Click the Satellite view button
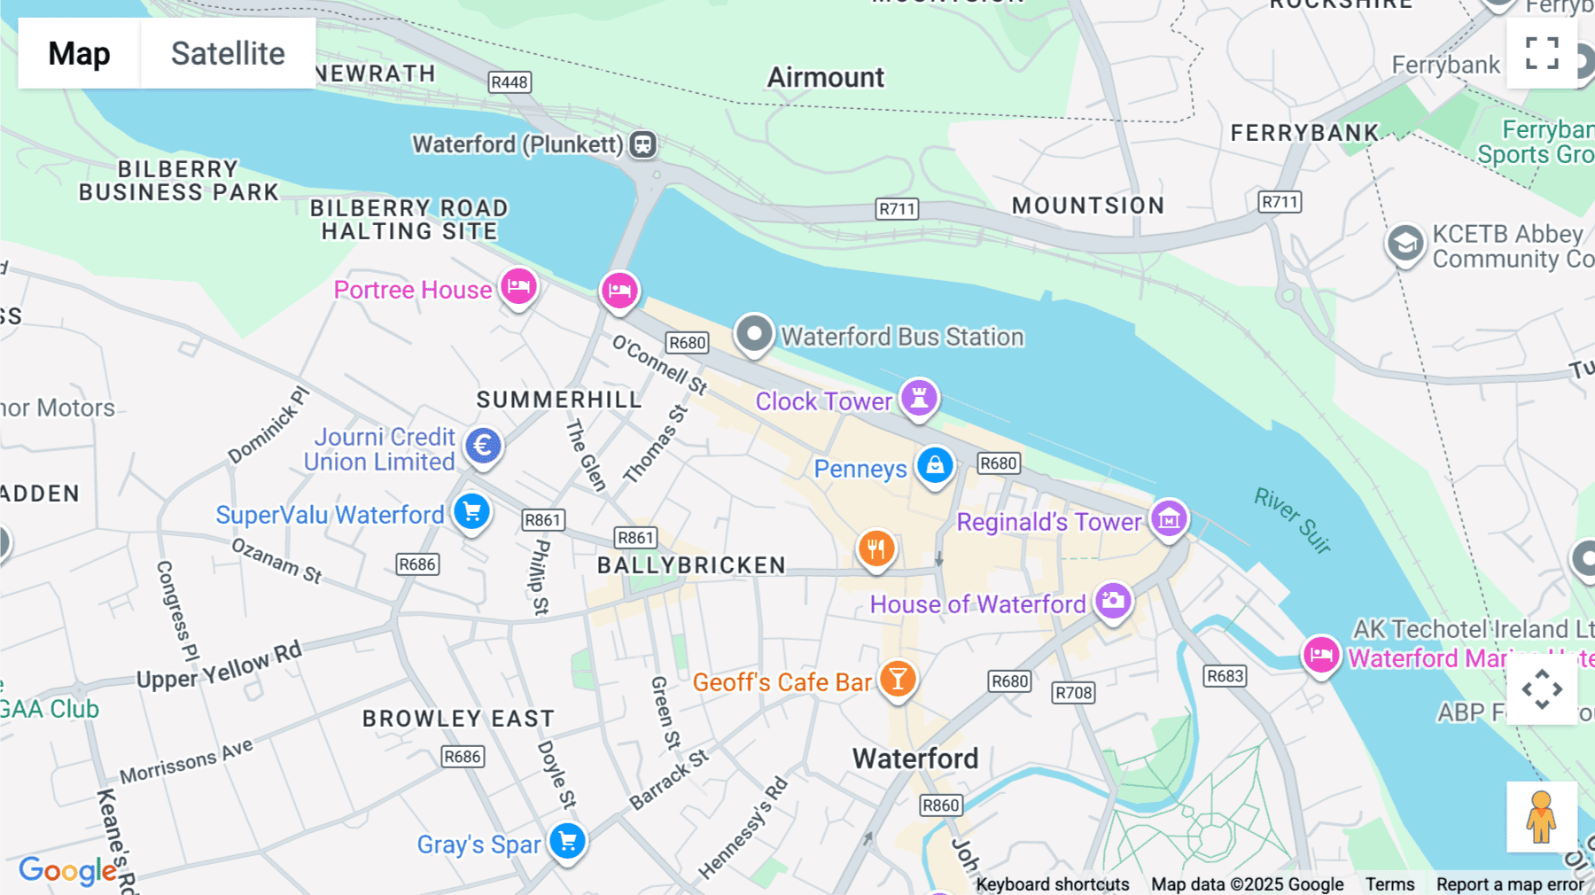tap(228, 53)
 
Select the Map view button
tap(79, 53)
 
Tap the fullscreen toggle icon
tap(1542, 53)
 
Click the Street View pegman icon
tap(1541, 817)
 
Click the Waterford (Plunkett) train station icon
tap(643, 144)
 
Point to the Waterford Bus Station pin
tap(754, 334)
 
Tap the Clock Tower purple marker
tap(919, 397)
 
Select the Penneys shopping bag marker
tap(935, 464)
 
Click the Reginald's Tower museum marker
tap(1169, 518)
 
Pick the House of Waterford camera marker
tap(1113, 601)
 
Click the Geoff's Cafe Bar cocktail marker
tap(898, 679)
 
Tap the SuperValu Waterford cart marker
tap(471, 511)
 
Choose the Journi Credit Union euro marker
tap(483, 445)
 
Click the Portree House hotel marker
tap(518, 286)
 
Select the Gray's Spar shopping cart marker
tap(567, 841)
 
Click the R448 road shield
tap(510, 82)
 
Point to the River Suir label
tap(1293, 521)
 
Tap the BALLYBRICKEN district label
tap(691, 565)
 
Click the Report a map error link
tap(1510, 884)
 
